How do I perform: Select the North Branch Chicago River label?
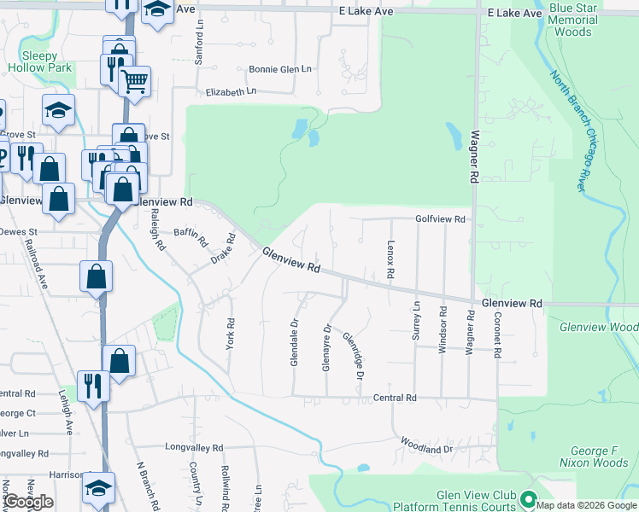tap(572, 129)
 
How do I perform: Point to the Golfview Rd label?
tap(440, 219)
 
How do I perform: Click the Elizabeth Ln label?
tap(231, 91)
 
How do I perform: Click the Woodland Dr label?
tap(426, 449)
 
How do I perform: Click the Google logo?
tap(28, 502)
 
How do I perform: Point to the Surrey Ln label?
tap(417, 322)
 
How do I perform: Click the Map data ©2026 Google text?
tap(587, 505)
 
